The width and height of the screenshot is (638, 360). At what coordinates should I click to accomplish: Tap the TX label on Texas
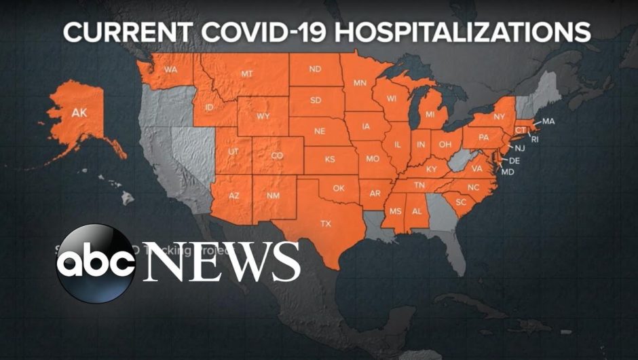326,223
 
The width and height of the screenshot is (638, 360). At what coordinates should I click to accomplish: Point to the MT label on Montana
247,73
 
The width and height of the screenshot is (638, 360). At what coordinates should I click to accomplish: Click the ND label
315,69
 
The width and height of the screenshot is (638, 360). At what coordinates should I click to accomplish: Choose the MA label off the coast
548,121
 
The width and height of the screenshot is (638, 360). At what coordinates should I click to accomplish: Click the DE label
514,160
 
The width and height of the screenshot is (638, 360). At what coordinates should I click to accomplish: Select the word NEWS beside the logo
221,262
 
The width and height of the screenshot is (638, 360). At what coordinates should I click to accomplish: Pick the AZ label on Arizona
233,195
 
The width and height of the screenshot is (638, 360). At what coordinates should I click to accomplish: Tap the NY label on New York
500,116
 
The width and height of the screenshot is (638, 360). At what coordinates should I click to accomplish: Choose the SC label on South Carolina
460,202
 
